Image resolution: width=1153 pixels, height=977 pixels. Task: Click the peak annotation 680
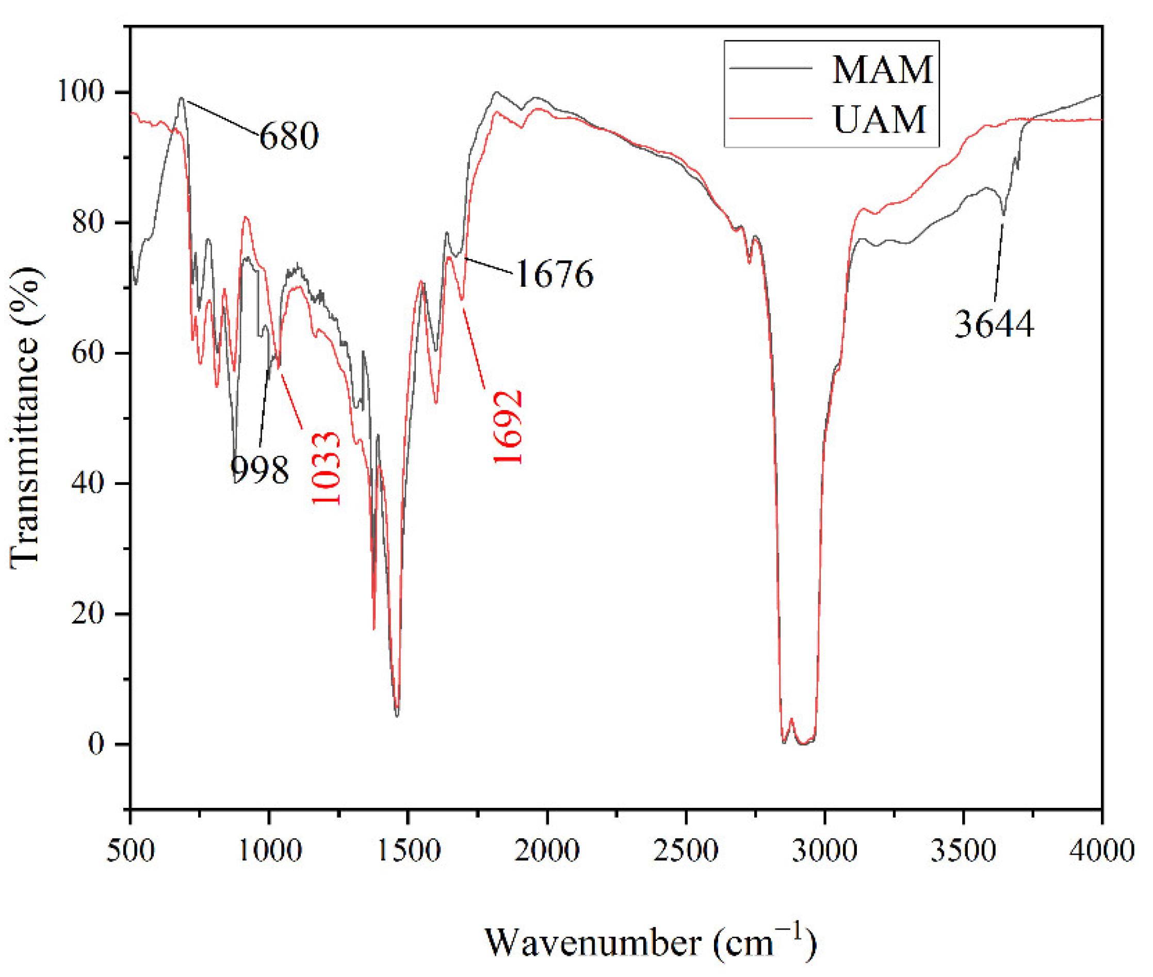click(x=288, y=135)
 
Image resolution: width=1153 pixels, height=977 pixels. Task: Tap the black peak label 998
click(x=259, y=469)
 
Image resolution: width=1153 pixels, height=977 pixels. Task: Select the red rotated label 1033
click(x=325, y=468)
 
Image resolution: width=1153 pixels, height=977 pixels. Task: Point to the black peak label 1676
click(x=554, y=273)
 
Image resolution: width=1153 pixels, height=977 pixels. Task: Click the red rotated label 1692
click(x=507, y=427)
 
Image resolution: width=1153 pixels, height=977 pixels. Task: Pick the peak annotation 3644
click(x=994, y=324)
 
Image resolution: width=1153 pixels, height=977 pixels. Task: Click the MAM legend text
click(x=882, y=70)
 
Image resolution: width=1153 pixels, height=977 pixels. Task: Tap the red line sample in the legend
click(x=770, y=119)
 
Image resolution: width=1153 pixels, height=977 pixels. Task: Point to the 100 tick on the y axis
click(x=81, y=91)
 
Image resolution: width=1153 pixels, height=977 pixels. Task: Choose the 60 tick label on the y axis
click(x=88, y=352)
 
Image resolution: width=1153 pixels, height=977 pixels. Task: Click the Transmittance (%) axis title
click(x=25, y=418)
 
